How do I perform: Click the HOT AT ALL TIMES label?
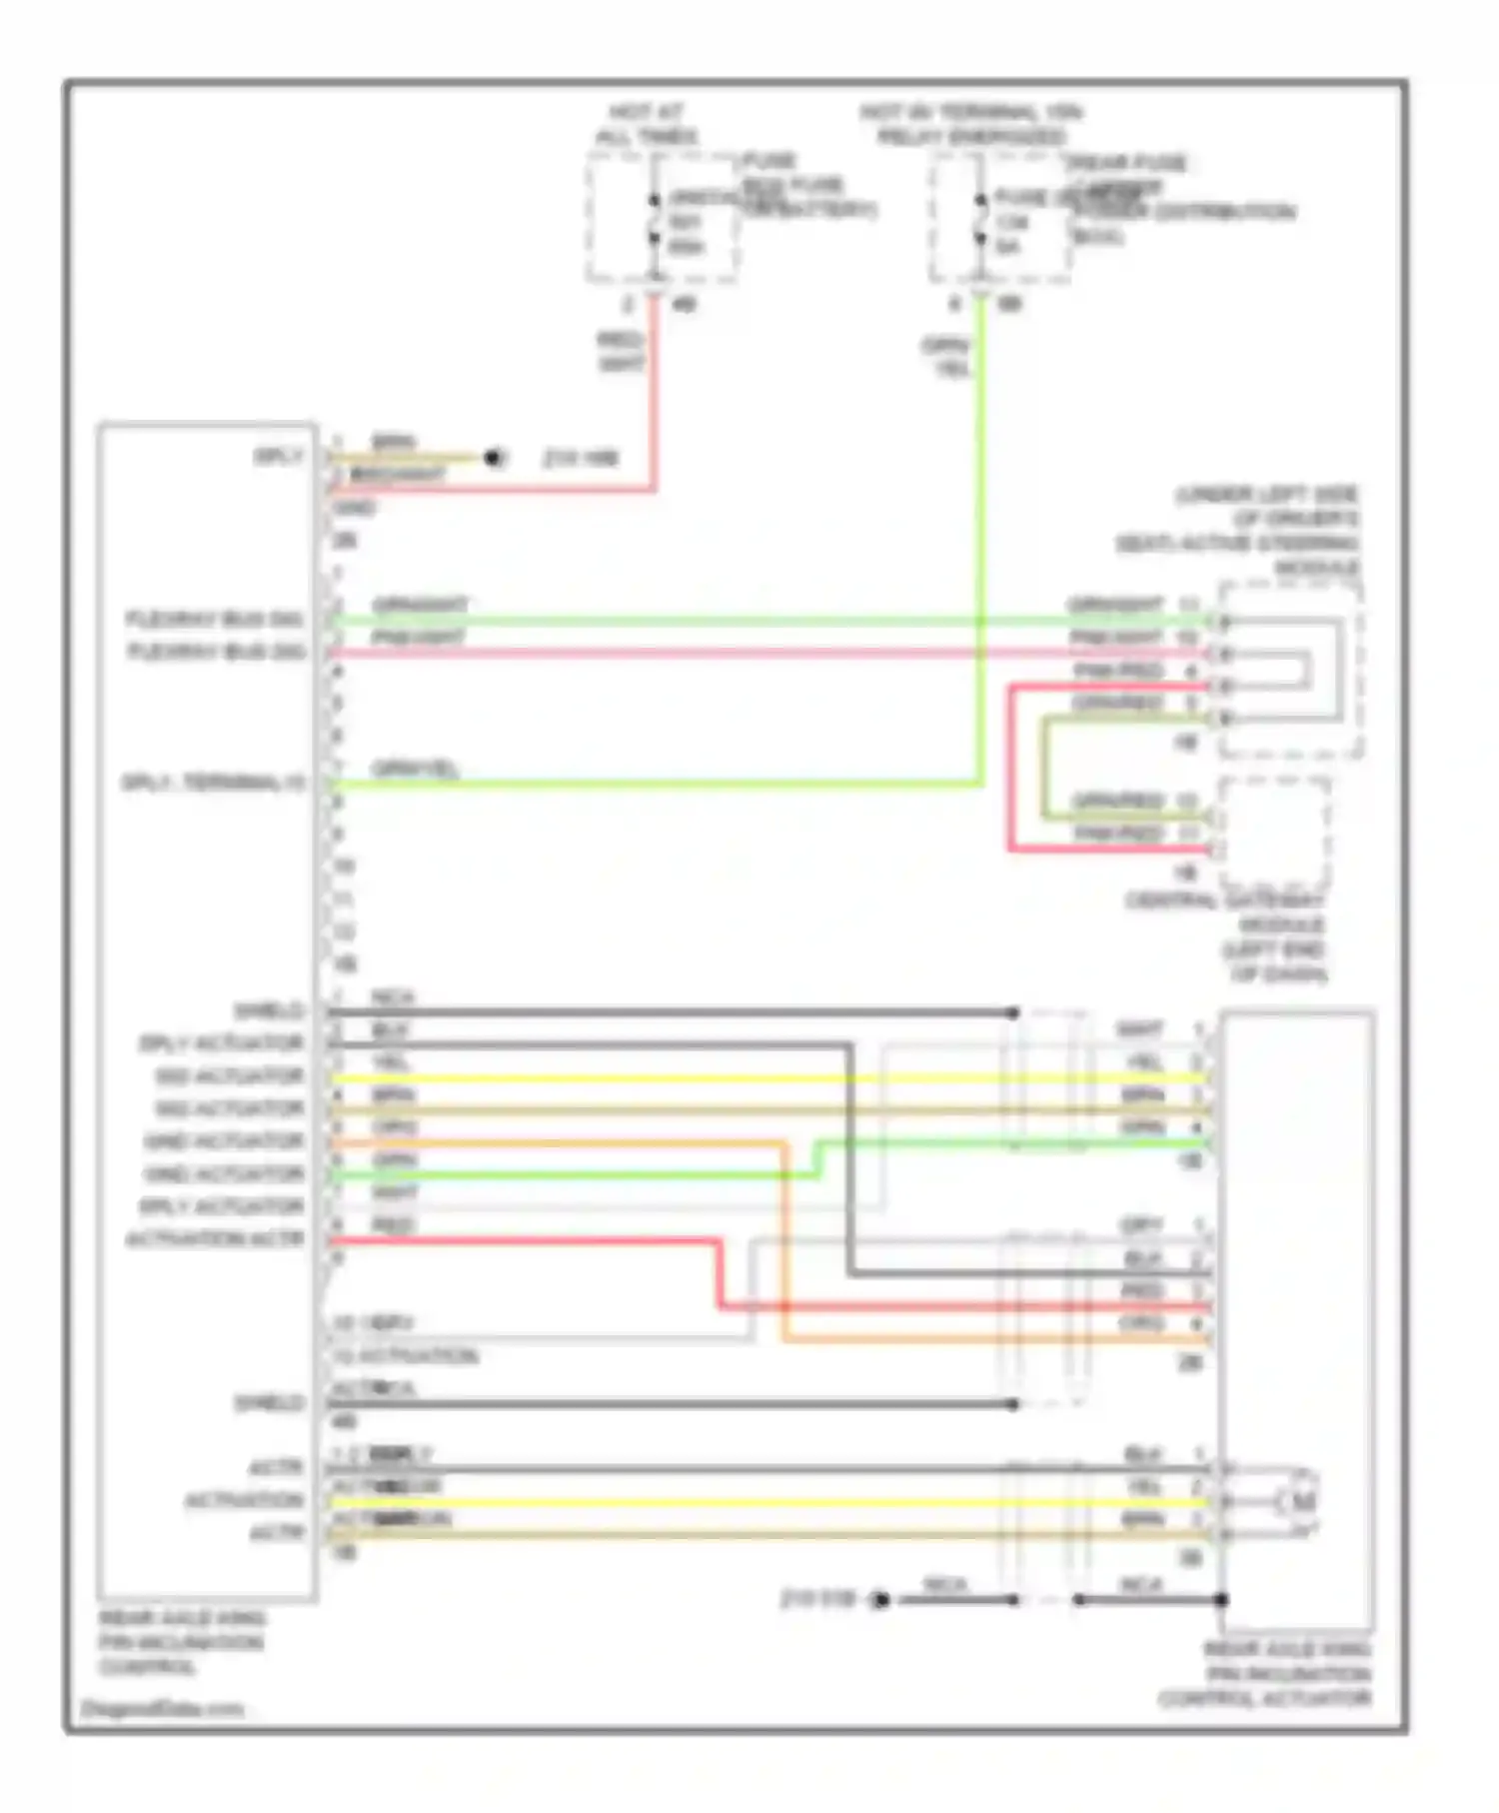tap(647, 124)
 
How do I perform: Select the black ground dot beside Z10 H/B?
tap(493, 458)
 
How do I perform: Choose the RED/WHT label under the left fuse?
tap(621, 353)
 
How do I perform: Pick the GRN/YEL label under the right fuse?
tap(946, 357)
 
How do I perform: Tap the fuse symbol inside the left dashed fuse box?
tap(655, 219)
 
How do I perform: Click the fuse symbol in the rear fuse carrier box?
tap(980, 219)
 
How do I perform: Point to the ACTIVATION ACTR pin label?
tap(214, 1239)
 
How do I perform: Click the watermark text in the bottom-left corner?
tap(162, 1709)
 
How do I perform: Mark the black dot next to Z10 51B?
tap(880, 1600)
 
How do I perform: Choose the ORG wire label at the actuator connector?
tap(1143, 1322)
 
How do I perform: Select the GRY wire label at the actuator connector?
tap(1141, 1225)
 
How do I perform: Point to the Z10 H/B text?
tap(581, 459)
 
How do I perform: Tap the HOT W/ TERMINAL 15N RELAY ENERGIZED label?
tap(971, 124)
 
